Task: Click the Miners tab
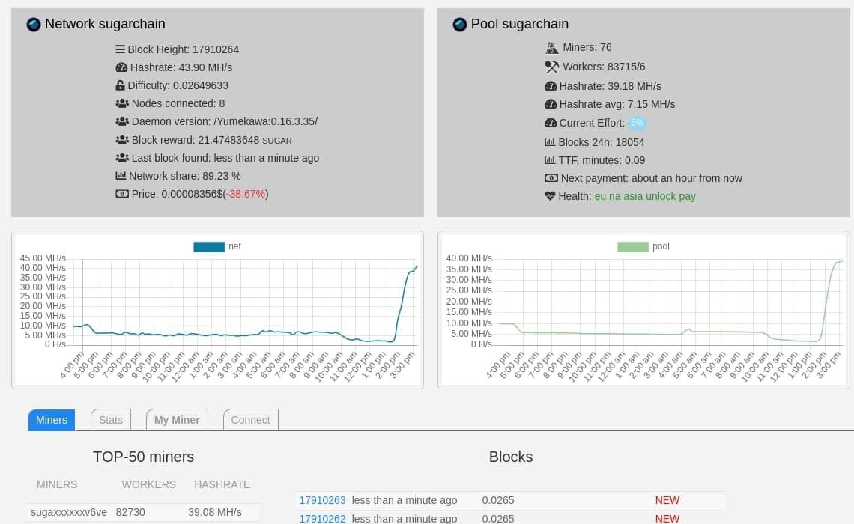coord(52,420)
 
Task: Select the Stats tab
coord(111,420)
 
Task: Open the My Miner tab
coord(177,420)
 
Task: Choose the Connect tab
coord(250,420)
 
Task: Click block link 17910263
coord(322,500)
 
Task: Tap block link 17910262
coord(322,518)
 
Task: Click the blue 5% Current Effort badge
coord(637,123)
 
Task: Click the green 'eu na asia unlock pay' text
coord(645,196)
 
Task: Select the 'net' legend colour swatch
coord(209,246)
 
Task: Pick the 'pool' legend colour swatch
coord(633,246)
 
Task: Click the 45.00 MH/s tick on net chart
coord(43,258)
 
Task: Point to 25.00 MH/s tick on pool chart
coord(469,290)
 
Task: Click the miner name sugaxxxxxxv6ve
coord(69,512)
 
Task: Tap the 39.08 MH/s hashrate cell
coord(214,512)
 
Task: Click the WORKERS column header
coord(148,484)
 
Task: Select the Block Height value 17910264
coord(216,49)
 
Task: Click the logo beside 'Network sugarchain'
coord(34,25)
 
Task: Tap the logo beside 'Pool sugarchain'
coord(460,25)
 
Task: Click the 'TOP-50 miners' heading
coord(143,457)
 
